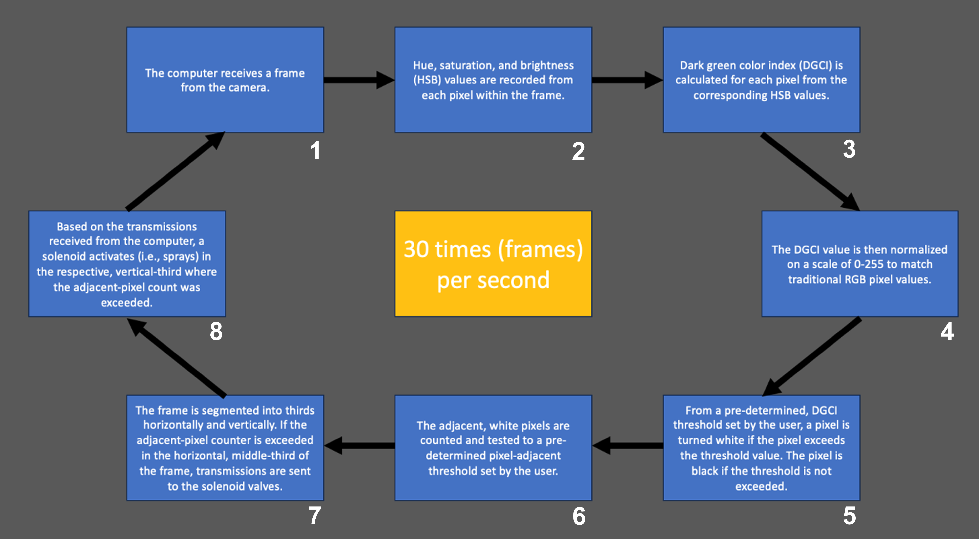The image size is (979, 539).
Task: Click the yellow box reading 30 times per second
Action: pos(493,264)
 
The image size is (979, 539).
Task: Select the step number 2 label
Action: pos(579,151)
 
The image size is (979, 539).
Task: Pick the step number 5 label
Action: pos(849,516)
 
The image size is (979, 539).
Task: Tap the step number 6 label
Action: pos(579,516)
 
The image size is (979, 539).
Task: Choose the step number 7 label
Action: pos(315,516)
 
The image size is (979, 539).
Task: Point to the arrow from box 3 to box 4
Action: pos(810,172)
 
